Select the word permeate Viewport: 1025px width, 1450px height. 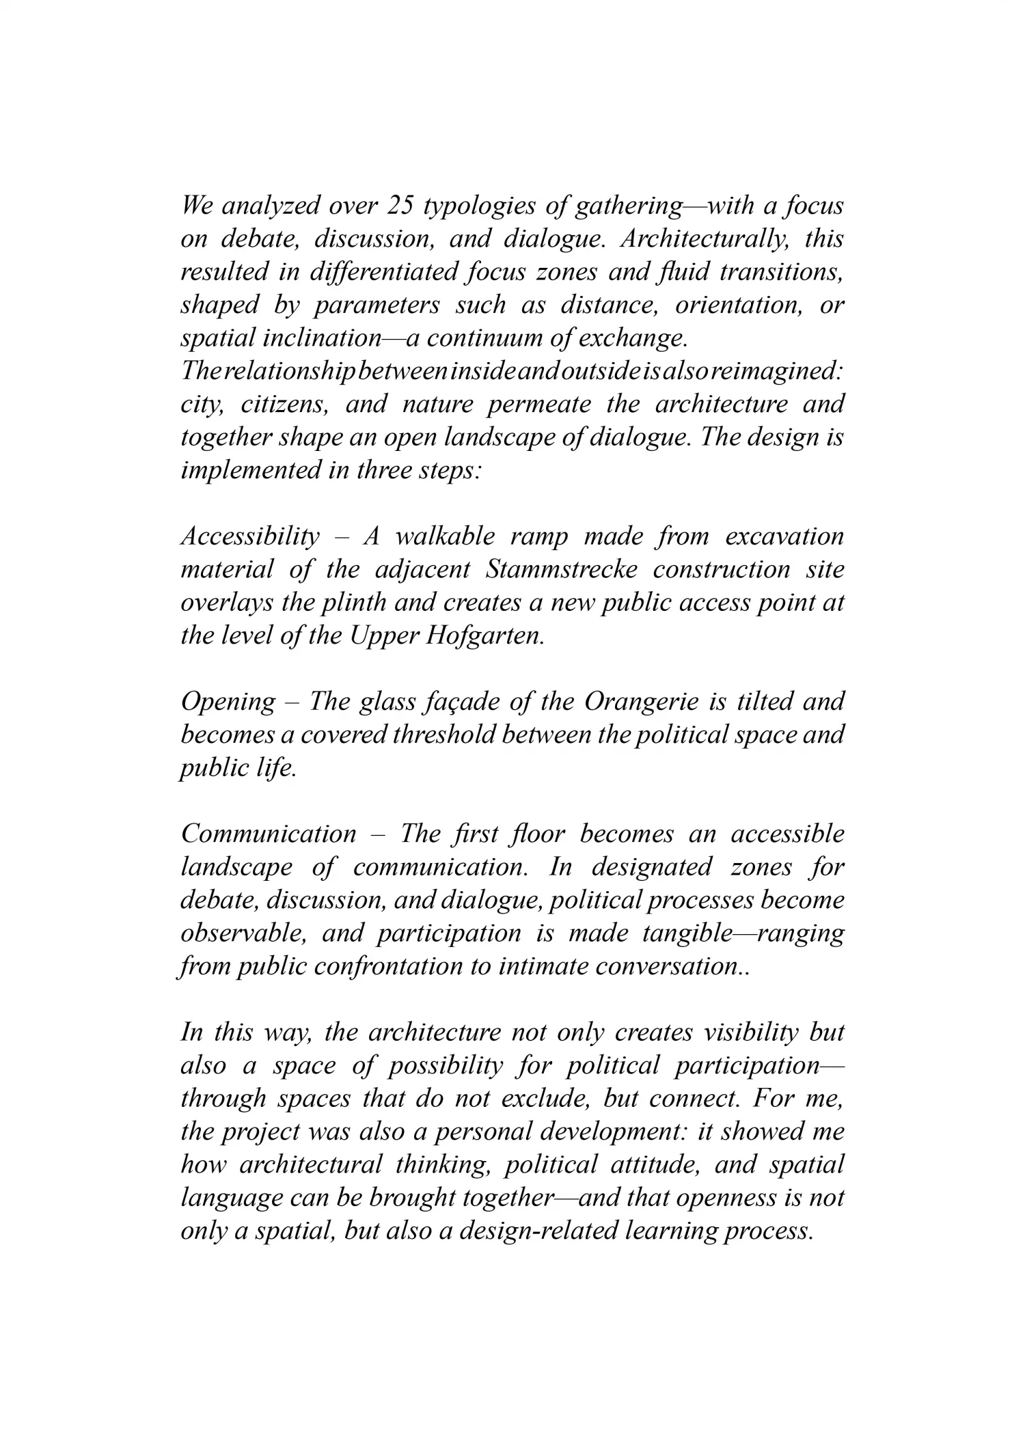(x=539, y=405)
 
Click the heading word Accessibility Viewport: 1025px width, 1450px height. (x=250, y=537)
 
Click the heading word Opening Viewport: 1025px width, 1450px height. (x=228, y=702)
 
